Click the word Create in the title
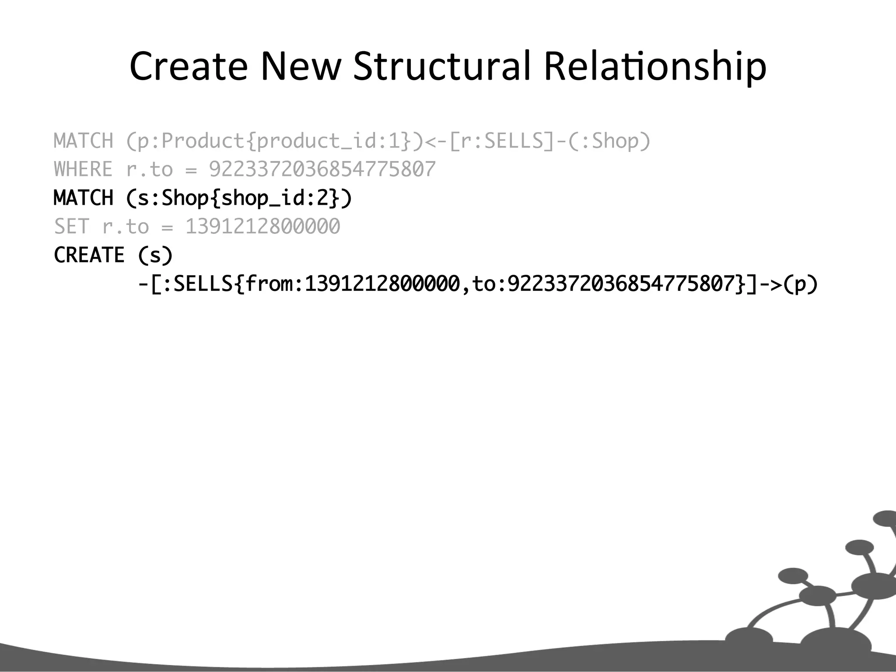tap(189, 66)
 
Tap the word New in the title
tap(301, 66)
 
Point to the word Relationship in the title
tap(655, 66)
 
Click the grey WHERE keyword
tap(83, 169)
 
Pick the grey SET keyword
tap(71, 227)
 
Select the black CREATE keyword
tap(89, 255)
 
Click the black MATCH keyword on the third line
tap(83, 198)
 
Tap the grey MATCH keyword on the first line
tap(83, 141)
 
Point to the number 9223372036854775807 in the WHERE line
tap(322, 169)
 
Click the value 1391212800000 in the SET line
tap(262, 227)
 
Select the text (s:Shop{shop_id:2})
tap(239, 198)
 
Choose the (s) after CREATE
tap(155, 255)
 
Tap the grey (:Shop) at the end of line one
tap(609, 141)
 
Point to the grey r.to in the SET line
tap(125, 227)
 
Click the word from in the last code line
tap(269, 284)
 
